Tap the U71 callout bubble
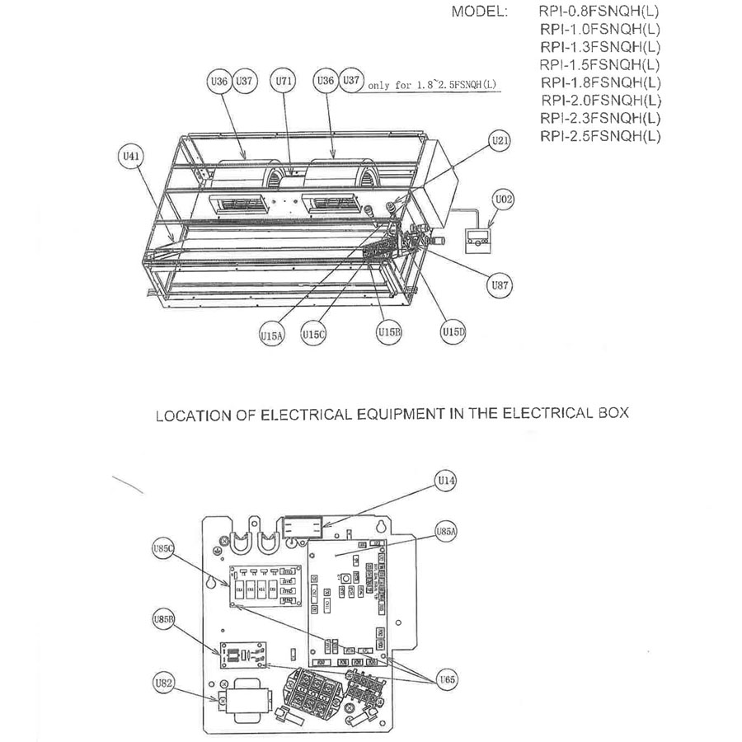point(283,82)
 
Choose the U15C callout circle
point(312,335)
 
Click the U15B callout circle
point(388,331)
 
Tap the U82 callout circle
point(164,683)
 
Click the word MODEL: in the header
point(481,13)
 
